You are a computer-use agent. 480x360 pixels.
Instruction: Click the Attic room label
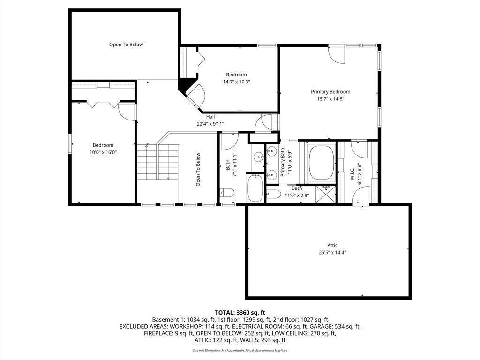[x=332, y=245]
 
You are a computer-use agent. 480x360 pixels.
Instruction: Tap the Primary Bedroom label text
[x=330, y=92]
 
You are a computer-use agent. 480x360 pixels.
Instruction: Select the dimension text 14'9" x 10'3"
[x=236, y=82]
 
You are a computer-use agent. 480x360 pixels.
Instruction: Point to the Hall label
[x=210, y=117]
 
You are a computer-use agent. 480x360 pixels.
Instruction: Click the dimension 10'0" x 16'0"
[x=103, y=152]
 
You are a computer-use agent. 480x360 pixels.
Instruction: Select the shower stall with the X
[x=326, y=194]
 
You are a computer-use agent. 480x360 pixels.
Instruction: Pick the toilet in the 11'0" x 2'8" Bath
[x=275, y=194]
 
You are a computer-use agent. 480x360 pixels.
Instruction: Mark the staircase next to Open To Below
[x=158, y=162]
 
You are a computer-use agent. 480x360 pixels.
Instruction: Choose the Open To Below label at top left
[x=126, y=45]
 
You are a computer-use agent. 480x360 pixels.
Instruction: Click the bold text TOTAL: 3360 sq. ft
[x=240, y=312]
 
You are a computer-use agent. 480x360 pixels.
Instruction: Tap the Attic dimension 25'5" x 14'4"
[x=332, y=252]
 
